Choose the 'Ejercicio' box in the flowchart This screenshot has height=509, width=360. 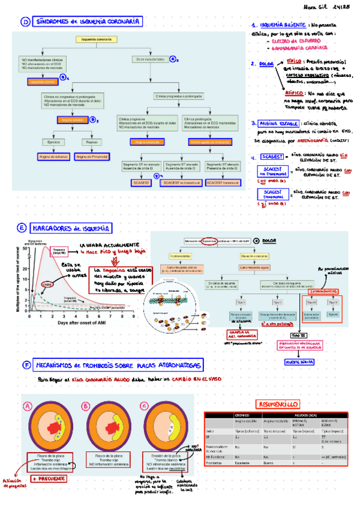(51, 142)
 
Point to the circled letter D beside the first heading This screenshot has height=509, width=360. (25, 23)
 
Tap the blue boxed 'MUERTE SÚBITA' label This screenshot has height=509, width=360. (301, 362)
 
